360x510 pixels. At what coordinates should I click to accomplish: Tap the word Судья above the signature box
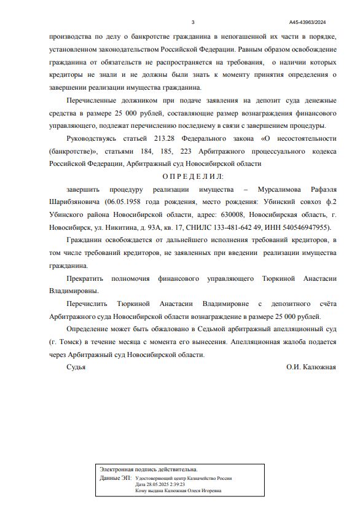click(76, 367)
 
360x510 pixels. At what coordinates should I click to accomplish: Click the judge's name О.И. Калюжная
click(311, 367)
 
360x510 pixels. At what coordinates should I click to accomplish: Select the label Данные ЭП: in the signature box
click(115, 478)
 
